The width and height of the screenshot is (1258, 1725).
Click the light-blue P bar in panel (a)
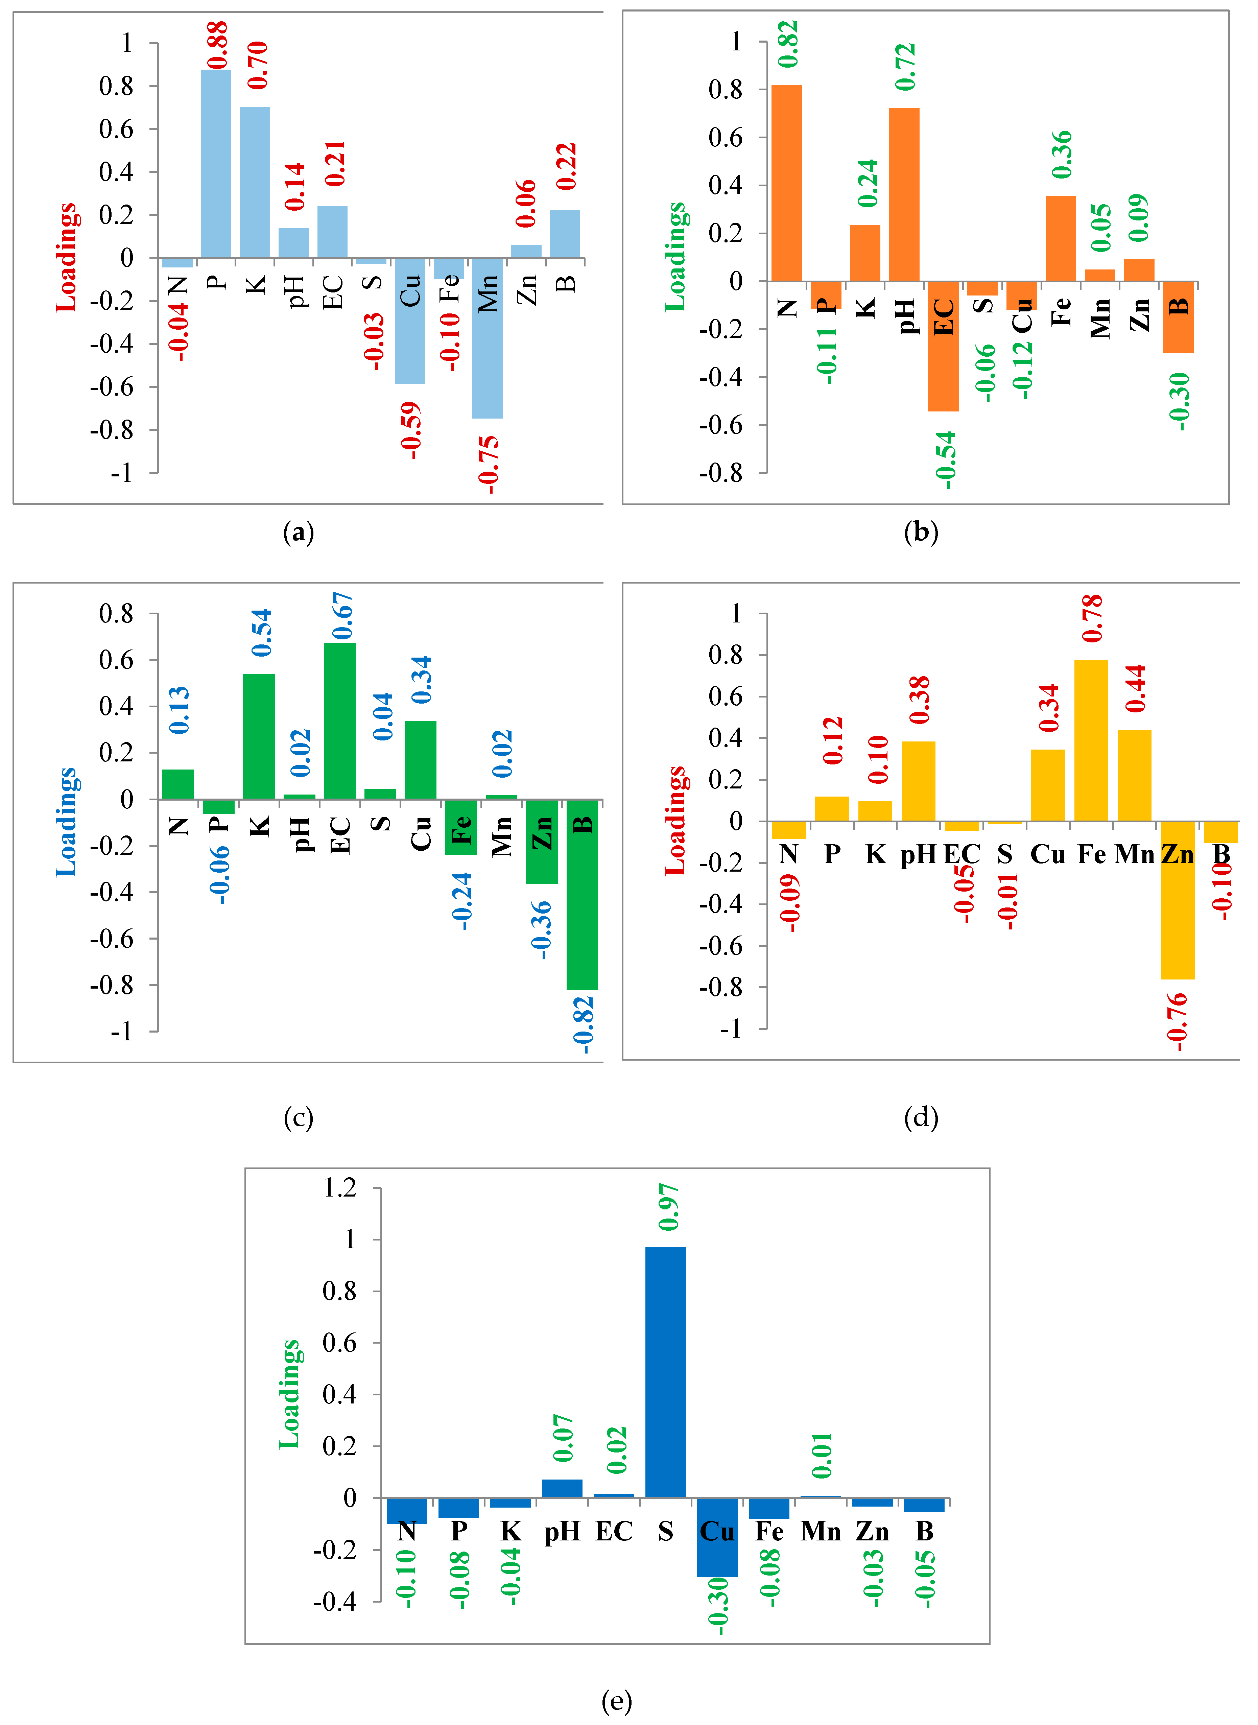click(x=216, y=164)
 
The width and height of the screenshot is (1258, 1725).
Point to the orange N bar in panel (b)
click(x=787, y=183)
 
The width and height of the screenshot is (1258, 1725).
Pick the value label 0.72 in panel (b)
click(x=905, y=67)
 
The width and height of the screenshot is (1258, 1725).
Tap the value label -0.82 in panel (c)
click(x=583, y=1024)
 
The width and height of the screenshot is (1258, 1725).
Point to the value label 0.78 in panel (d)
click(x=1092, y=618)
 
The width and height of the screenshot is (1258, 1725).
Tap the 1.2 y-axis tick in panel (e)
click(x=340, y=1187)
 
